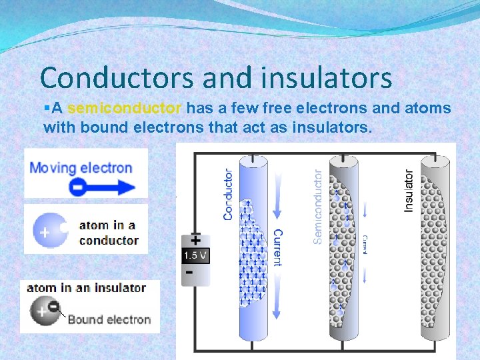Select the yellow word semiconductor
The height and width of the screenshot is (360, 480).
(x=125, y=108)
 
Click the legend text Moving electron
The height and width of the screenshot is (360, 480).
(x=81, y=167)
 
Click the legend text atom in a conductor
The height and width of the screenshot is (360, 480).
(x=109, y=233)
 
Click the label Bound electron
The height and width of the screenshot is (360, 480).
(x=109, y=319)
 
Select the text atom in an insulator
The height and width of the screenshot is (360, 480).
(x=86, y=288)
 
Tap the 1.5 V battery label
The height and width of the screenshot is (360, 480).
(x=196, y=255)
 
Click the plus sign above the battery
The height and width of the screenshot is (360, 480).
(x=196, y=239)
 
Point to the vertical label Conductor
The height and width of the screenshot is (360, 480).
(x=229, y=193)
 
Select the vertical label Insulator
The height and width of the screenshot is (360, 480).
(x=409, y=191)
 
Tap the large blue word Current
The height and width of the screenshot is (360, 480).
(x=278, y=247)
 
